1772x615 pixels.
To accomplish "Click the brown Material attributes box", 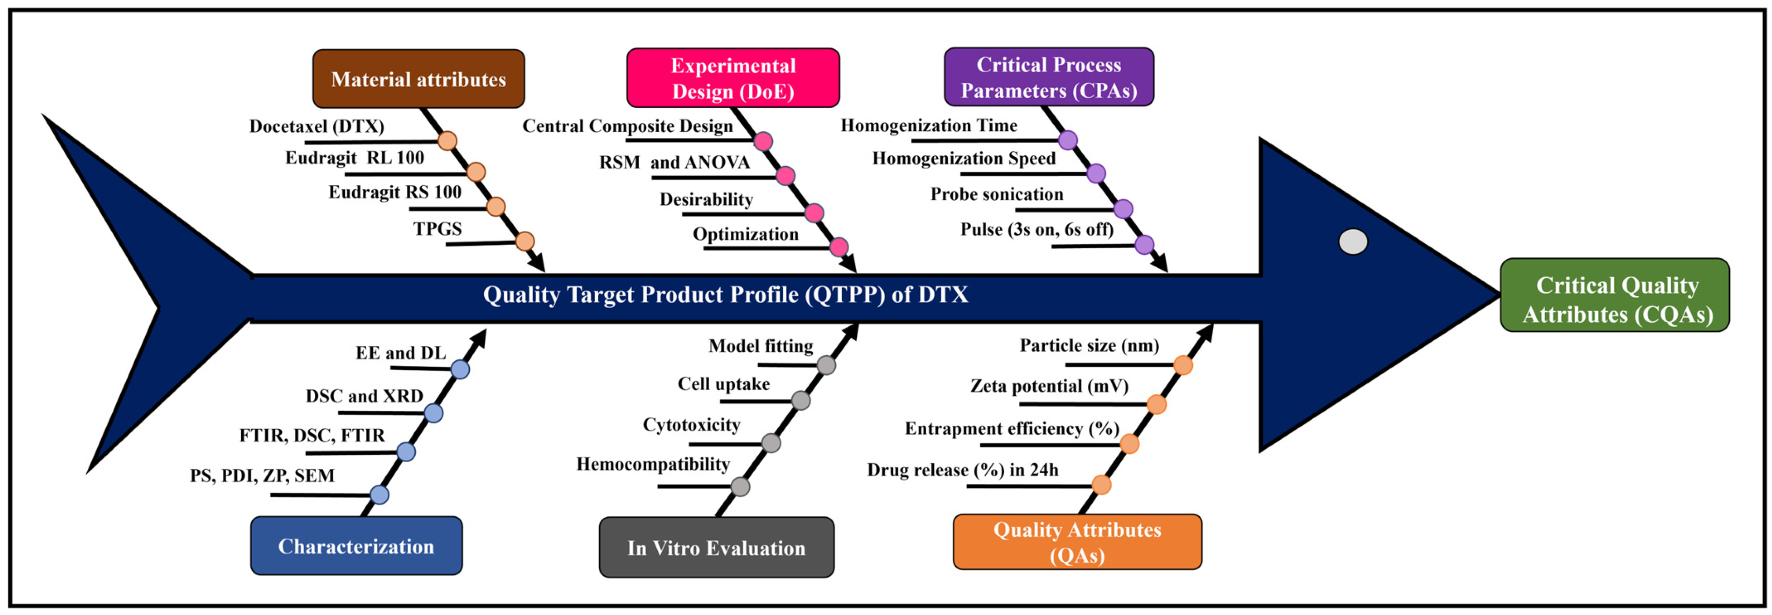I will coord(418,79).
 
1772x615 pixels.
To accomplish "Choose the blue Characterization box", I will coord(356,546).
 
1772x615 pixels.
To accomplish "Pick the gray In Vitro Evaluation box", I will coord(716,548).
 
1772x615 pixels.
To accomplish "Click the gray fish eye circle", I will coord(1352,241).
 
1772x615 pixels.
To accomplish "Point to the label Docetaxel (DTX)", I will coord(317,127).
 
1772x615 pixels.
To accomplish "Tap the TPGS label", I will coord(438,229).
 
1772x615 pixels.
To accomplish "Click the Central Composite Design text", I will coord(627,126).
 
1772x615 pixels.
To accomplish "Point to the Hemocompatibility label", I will coord(653,464).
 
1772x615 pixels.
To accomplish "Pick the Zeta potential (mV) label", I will coord(1049,386).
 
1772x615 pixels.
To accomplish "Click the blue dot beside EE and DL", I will coord(460,369).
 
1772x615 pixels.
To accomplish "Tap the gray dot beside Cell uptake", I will coord(800,400).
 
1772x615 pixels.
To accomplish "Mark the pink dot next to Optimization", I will coord(839,247).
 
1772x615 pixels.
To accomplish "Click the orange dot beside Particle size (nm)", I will coord(1183,365).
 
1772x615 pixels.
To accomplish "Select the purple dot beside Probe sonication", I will coord(1123,208).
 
